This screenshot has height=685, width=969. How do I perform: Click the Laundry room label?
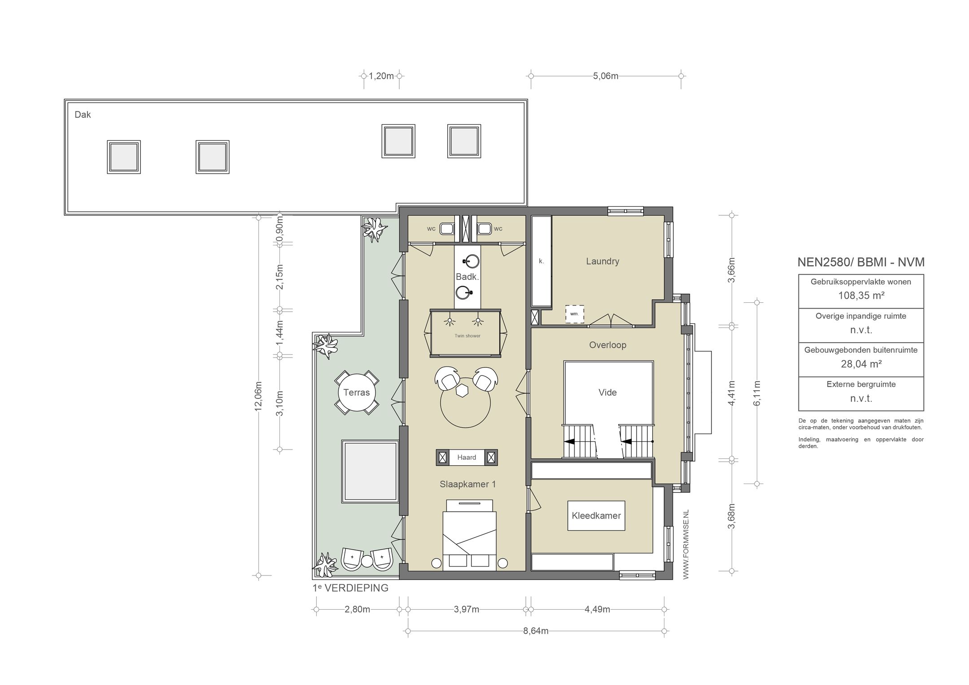602,262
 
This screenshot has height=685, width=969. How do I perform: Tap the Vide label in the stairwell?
607,393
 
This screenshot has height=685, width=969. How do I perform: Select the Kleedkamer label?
596,516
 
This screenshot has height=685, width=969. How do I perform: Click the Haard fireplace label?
467,458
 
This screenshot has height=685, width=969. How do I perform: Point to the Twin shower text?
467,336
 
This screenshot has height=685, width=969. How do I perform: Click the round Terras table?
357,393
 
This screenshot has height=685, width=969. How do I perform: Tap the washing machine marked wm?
575,314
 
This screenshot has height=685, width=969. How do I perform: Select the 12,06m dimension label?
258,396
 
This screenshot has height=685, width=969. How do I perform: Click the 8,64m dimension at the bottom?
536,631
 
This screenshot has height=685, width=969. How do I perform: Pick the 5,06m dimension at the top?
606,76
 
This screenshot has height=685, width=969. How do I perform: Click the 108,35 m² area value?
861,296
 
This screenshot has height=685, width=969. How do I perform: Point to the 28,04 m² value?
861,364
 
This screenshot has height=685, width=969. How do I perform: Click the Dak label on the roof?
83,115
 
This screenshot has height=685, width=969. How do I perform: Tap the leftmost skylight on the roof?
124,157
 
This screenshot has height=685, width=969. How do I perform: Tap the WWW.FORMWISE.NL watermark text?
685,545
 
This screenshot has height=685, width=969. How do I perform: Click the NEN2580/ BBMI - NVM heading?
861,262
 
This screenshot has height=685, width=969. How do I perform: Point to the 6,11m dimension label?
757,393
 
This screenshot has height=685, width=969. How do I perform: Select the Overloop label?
607,345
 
